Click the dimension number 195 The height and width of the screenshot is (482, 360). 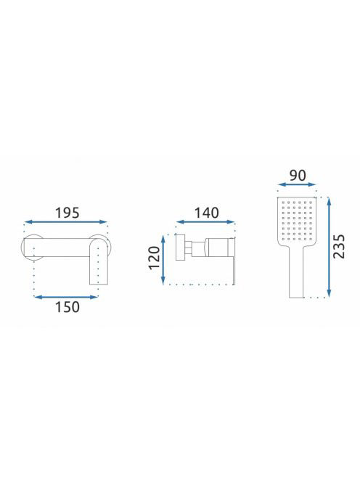click(67, 213)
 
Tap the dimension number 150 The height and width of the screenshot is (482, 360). click(67, 307)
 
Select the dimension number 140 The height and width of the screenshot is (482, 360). click(207, 213)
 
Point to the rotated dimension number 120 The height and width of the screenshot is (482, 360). click(155, 258)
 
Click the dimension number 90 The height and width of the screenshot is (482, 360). click(298, 176)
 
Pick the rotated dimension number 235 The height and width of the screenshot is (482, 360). click(339, 246)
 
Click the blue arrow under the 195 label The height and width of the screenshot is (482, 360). click(66, 222)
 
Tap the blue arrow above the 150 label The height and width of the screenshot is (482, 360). click(66, 297)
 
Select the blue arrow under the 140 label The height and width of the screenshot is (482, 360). click(205, 222)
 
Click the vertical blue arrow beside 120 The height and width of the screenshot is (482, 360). click(163, 260)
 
